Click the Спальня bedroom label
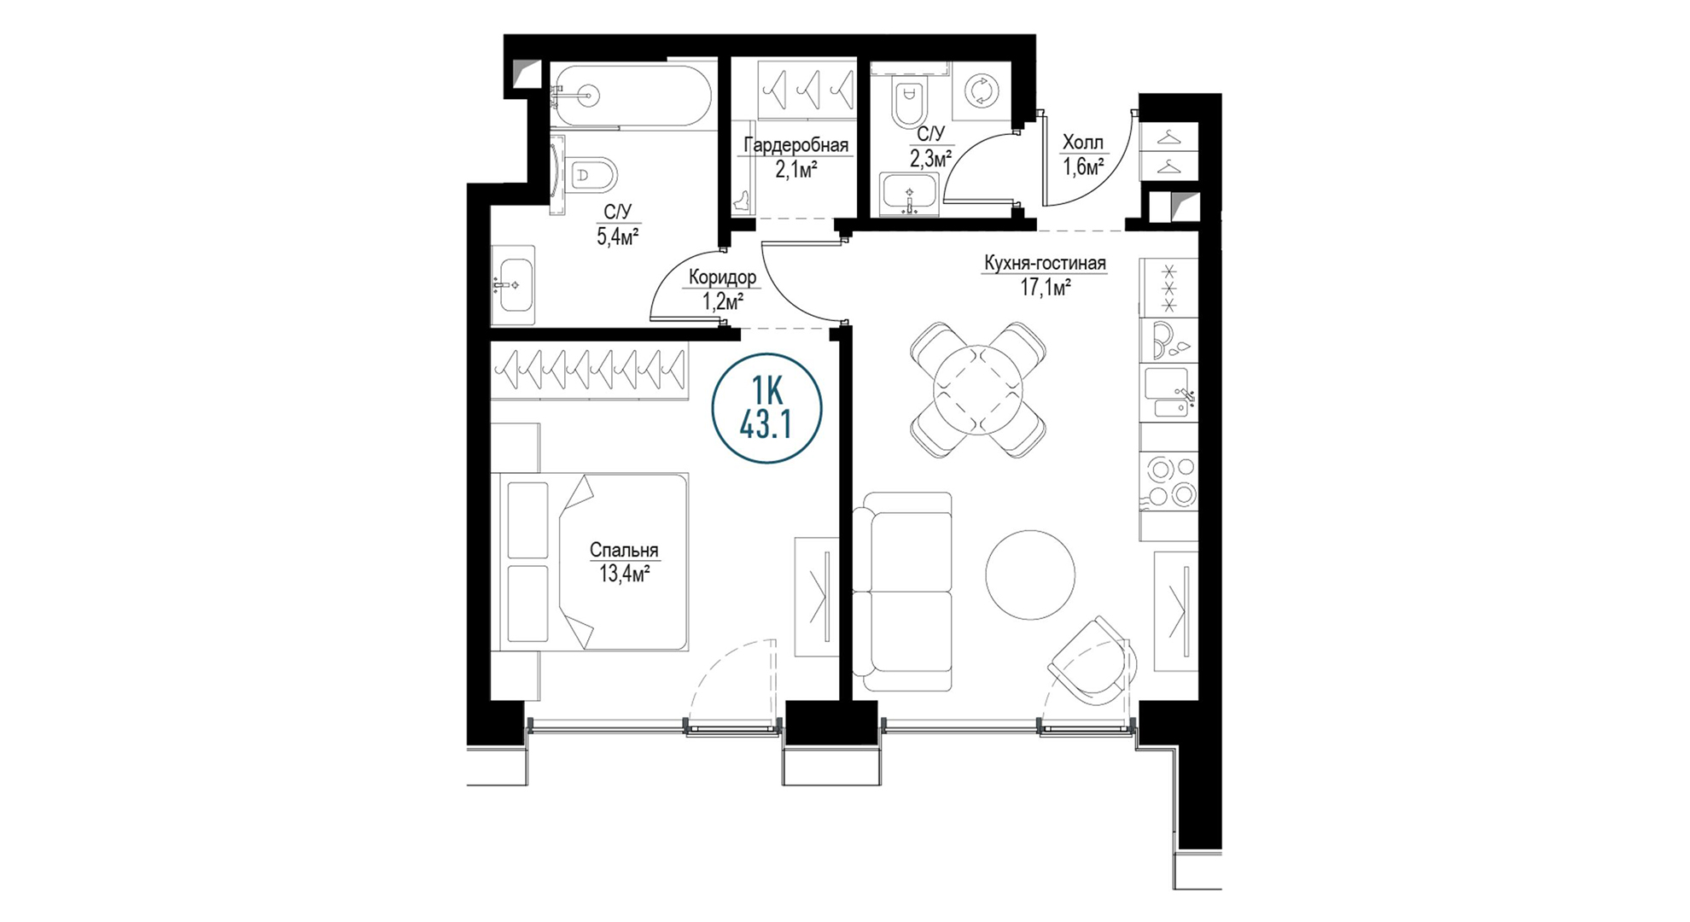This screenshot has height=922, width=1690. point(624,551)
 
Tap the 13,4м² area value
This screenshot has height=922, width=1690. point(624,573)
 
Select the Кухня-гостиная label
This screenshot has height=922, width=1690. point(1045,263)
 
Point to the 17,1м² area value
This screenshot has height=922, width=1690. point(1046,287)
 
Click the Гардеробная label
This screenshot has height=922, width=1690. point(795,144)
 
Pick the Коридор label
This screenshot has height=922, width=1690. point(722,277)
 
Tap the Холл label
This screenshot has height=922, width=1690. point(1082,143)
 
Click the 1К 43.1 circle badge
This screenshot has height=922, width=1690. point(766,408)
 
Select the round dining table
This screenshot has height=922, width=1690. point(978,389)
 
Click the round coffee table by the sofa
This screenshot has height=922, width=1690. point(1030,575)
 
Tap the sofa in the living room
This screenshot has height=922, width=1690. point(902,592)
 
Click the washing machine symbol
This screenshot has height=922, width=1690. point(981,90)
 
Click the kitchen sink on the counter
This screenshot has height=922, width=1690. point(1169,393)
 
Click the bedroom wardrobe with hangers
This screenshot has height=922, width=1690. point(589,371)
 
